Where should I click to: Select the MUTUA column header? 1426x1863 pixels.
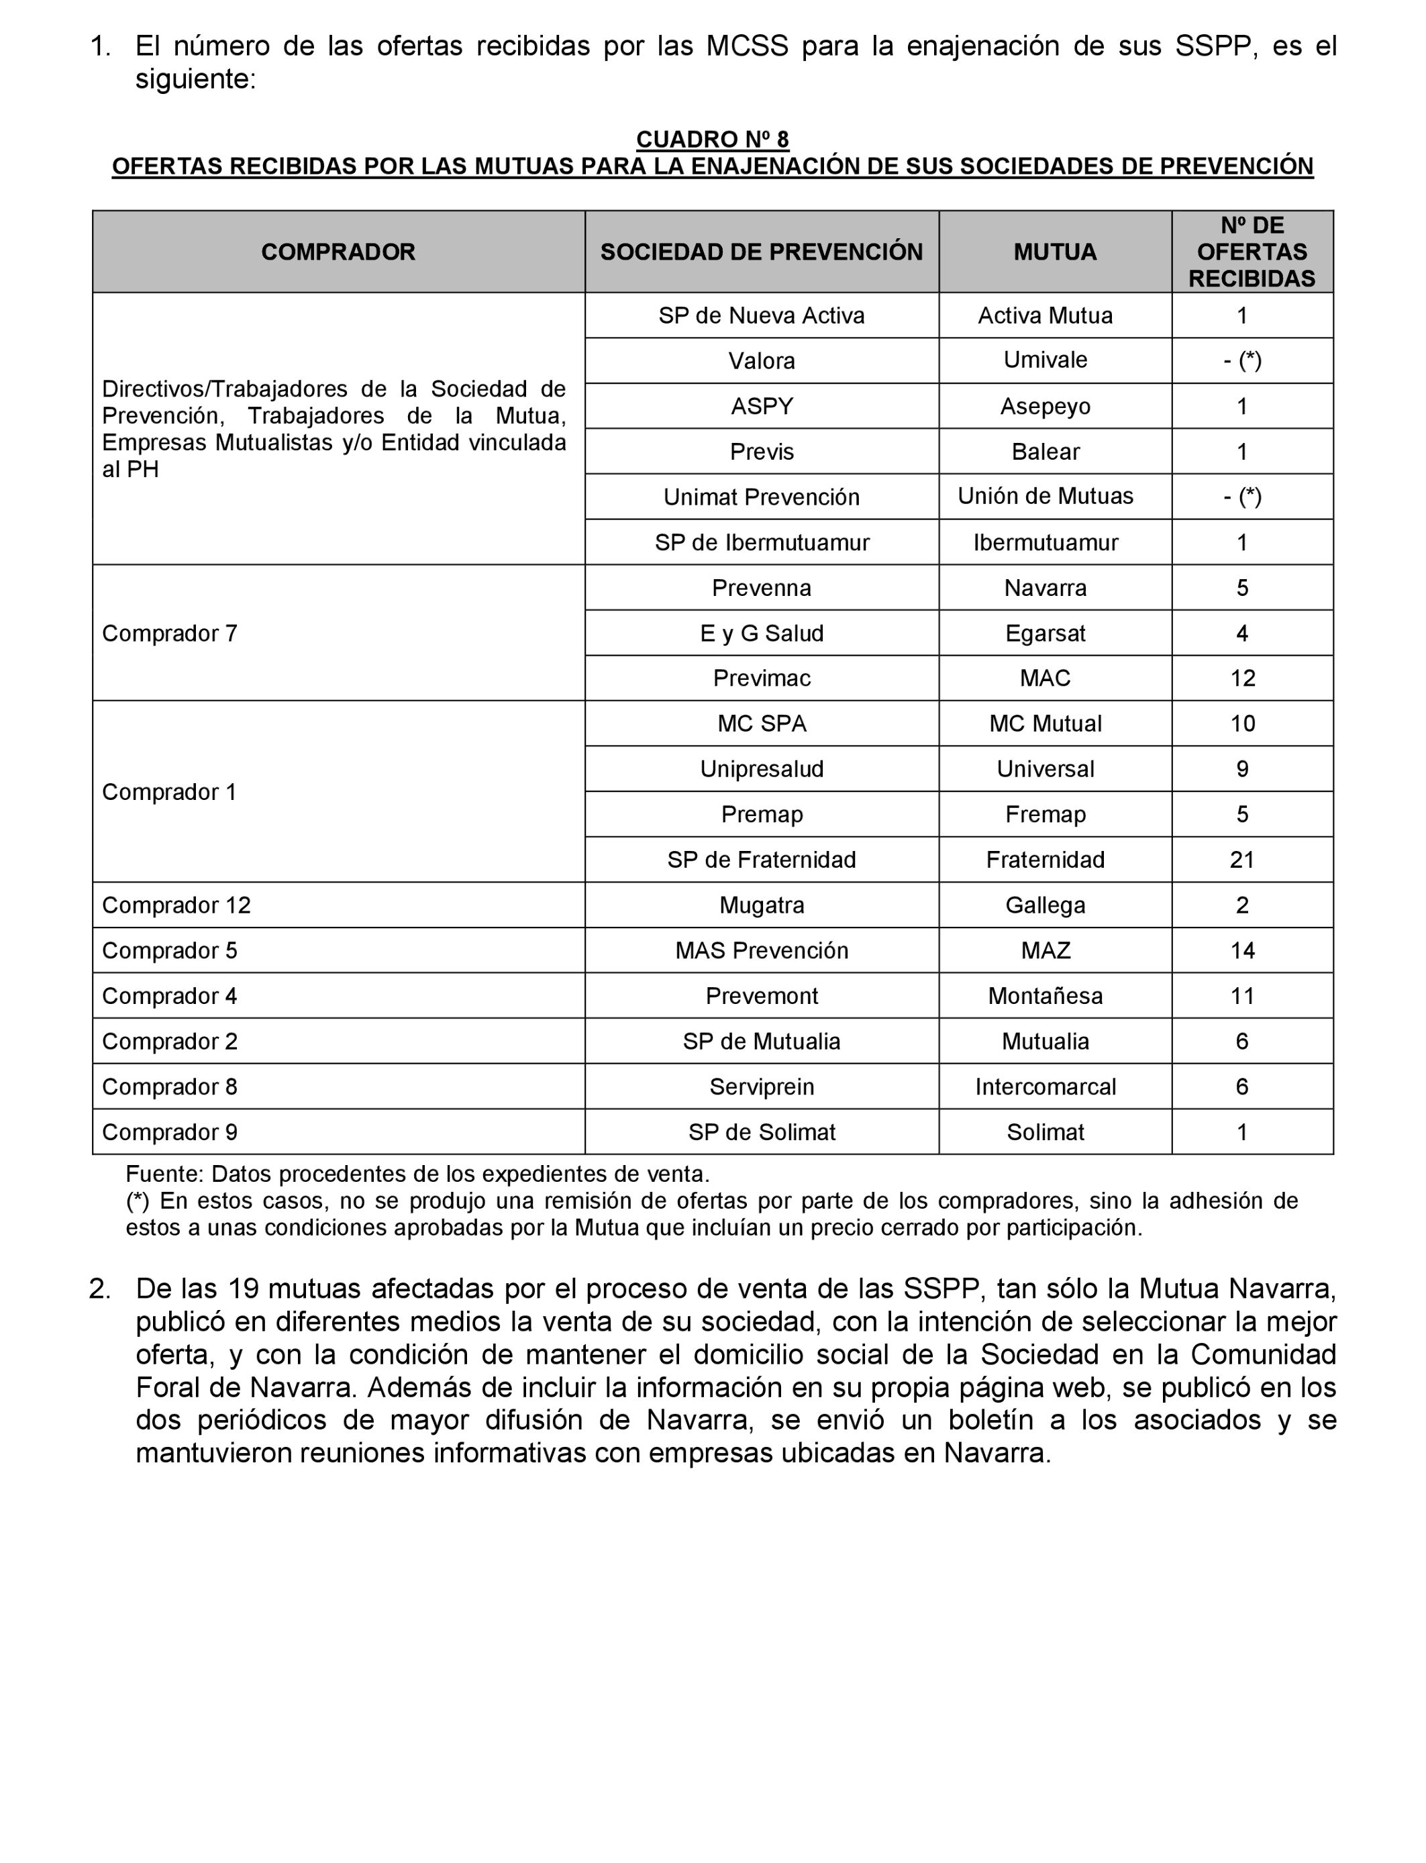[1054, 252]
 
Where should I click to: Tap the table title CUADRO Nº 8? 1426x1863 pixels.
[712, 139]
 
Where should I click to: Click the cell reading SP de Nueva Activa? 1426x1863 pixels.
[762, 315]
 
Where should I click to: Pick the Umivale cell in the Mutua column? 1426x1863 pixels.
[1045, 360]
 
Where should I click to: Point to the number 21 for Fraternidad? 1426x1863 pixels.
[1242, 860]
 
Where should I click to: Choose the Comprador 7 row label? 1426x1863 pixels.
[170, 633]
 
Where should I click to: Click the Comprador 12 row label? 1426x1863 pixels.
[176, 905]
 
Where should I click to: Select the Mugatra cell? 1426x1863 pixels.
[762, 905]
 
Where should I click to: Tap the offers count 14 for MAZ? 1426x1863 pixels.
[1242, 950]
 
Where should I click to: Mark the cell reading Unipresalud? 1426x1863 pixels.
[762, 769]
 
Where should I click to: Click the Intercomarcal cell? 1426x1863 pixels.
[1045, 1087]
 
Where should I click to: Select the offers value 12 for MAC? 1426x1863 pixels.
[1242, 678]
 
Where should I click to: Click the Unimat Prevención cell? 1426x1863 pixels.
[762, 497]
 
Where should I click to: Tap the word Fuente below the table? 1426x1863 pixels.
[164, 1174]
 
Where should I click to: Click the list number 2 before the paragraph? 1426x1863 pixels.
[99, 1289]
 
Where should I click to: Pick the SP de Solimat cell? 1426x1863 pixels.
[762, 1132]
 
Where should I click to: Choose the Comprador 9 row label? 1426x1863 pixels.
[170, 1132]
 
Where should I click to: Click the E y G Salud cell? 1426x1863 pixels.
[762, 633]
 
